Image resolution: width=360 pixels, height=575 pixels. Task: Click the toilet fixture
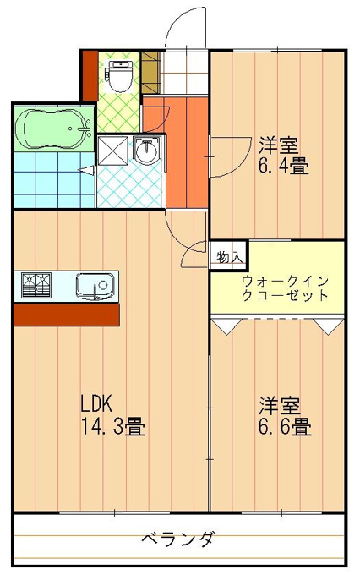pyautogui.click(x=118, y=76)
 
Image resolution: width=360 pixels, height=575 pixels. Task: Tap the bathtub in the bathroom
pyautogui.click(x=54, y=129)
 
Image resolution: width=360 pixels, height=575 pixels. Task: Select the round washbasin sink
pyautogui.click(x=146, y=151)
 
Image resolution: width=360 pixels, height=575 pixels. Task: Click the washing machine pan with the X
pyautogui.click(x=112, y=151)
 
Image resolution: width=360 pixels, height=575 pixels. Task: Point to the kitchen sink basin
pyautogui.click(x=95, y=286)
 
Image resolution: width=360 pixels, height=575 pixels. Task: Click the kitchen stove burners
pyautogui.click(x=36, y=285)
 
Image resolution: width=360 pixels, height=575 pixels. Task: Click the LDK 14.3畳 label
pyautogui.click(x=113, y=414)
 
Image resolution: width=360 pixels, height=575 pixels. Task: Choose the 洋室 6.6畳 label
pyautogui.click(x=285, y=416)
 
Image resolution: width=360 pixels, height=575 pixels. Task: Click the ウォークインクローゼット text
pyautogui.click(x=285, y=288)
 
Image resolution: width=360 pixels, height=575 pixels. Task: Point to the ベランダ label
pyautogui.click(x=177, y=539)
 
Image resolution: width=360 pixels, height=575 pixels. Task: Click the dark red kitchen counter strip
pyautogui.click(x=67, y=315)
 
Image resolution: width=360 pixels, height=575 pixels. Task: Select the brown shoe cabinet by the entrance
pyautogui.click(x=150, y=72)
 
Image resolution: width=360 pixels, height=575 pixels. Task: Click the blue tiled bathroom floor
pyautogui.click(x=54, y=180)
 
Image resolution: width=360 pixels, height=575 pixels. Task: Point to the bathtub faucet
pyautogui.click(x=82, y=129)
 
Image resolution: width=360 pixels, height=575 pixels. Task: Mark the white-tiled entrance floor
pyautogui.click(x=184, y=72)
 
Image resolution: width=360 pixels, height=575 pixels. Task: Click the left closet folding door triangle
pyautogui.click(x=226, y=326)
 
